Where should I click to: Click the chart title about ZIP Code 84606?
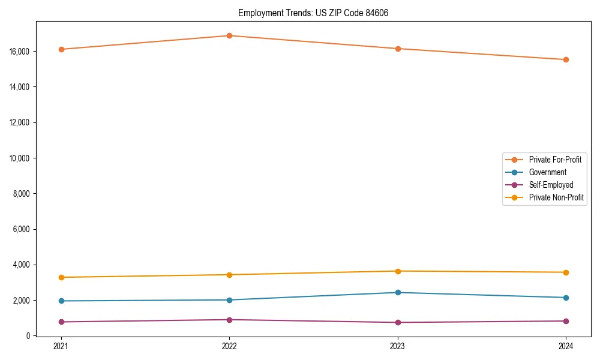pyautogui.click(x=313, y=13)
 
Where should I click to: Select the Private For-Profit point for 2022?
pyautogui.click(x=229, y=35)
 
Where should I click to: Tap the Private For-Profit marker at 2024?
pyautogui.click(x=566, y=59)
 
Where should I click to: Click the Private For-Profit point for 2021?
pyautogui.click(x=61, y=49)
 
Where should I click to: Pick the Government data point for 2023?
pyautogui.click(x=398, y=292)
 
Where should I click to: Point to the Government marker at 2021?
pyautogui.click(x=61, y=301)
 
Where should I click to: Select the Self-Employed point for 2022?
pyautogui.click(x=229, y=320)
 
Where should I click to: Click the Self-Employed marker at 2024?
pyautogui.click(x=566, y=321)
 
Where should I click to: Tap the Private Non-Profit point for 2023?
pyautogui.click(x=398, y=271)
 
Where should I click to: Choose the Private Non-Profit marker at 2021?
pyautogui.click(x=61, y=277)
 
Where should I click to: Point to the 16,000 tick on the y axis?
pyautogui.click(x=21, y=52)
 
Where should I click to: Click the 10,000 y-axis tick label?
pyautogui.click(x=21, y=158)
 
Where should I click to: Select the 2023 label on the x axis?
pyautogui.click(x=398, y=346)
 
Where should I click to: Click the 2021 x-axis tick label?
pyautogui.click(x=61, y=346)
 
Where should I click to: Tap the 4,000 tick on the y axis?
pyautogui.click(x=23, y=265)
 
